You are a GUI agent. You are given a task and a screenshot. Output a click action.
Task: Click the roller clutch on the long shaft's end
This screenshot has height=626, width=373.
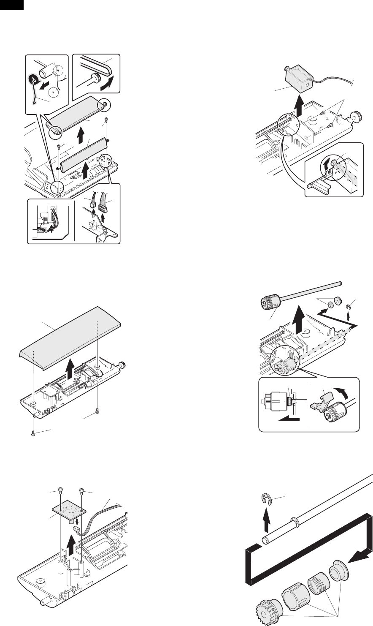(269, 303)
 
